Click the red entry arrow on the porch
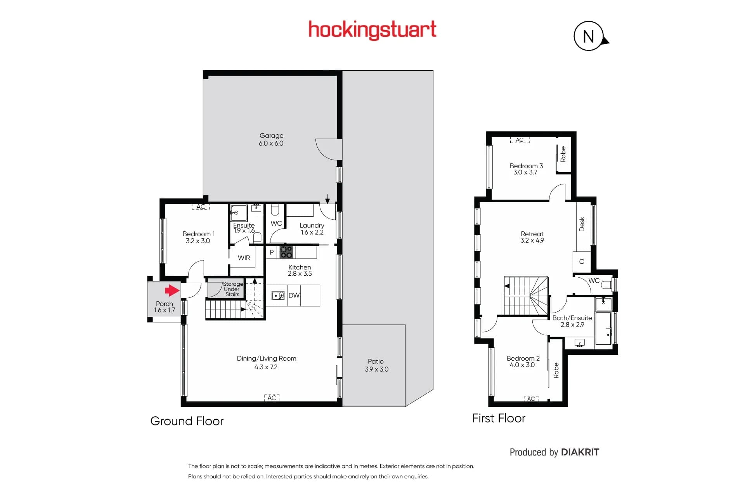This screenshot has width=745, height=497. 172,290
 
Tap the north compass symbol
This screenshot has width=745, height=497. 590,36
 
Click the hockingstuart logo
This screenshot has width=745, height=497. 372,30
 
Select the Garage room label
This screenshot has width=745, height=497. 271,136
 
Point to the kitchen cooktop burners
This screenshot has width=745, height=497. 286,252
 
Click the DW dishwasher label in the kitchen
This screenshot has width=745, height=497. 294,295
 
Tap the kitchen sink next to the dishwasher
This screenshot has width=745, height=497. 278,296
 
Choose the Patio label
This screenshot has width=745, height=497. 376,361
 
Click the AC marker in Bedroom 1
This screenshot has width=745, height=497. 201,207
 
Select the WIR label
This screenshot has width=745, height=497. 244,258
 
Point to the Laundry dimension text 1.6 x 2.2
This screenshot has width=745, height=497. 312,232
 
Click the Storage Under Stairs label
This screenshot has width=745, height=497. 232,289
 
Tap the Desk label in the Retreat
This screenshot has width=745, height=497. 582,224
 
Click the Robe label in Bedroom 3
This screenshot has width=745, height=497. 563,154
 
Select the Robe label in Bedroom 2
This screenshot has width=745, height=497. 556,370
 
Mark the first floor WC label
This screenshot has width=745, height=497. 594,280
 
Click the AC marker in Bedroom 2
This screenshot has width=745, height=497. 531,399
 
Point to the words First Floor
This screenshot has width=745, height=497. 499,418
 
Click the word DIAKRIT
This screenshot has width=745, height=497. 580,452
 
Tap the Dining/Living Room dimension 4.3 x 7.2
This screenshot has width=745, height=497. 266,367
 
